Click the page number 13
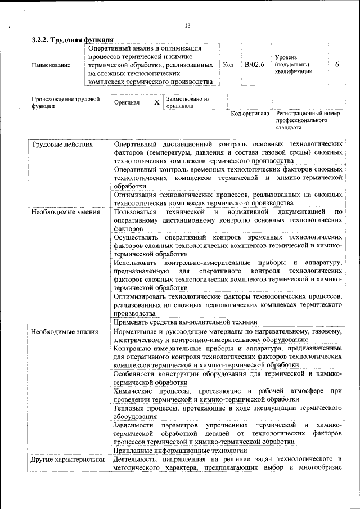187,25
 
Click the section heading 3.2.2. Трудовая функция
73,40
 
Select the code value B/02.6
254,65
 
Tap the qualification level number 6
337,65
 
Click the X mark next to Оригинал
157,103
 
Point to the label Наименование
51,65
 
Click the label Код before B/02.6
228,65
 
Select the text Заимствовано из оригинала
188,102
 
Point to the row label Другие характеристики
68,460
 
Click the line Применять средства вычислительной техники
186,322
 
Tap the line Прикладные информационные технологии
181,451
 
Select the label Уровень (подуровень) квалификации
293,65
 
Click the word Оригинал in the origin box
127,103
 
